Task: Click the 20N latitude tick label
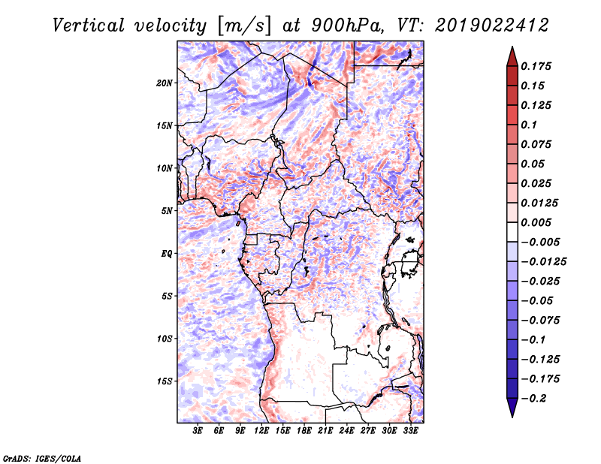click(x=165, y=83)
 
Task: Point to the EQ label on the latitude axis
click(x=167, y=254)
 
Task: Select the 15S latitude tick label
click(x=165, y=381)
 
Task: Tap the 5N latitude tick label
click(x=167, y=211)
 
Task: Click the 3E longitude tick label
click(x=198, y=431)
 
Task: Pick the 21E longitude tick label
click(x=325, y=431)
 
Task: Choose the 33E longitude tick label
click(x=410, y=431)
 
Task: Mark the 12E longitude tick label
click(x=261, y=431)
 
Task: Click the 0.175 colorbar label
click(x=536, y=66)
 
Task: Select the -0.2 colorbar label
click(x=533, y=399)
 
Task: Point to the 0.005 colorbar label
click(x=536, y=222)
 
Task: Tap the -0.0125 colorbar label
click(x=543, y=262)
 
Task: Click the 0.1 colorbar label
click(x=529, y=125)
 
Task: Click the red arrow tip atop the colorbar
click(x=512, y=47)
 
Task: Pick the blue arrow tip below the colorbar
click(x=512, y=417)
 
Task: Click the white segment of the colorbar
click(x=512, y=232)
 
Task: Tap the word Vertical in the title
click(x=89, y=26)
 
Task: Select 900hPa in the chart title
click(x=346, y=26)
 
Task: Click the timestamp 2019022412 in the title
click(x=492, y=26)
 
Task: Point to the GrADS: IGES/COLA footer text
click(x=42, y=458)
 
